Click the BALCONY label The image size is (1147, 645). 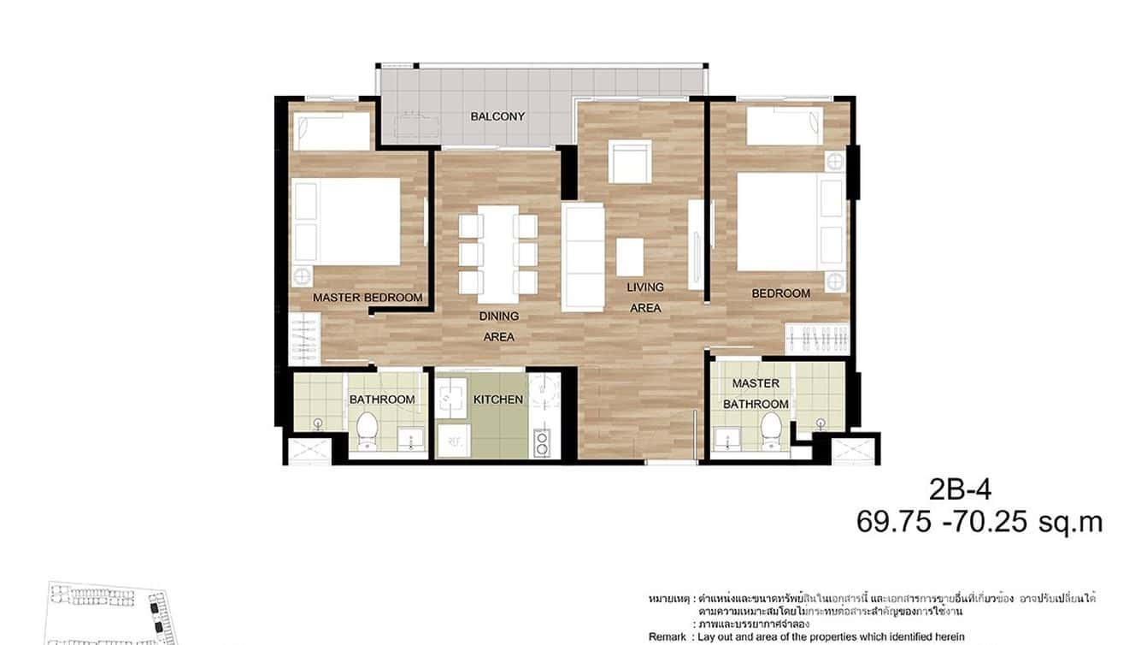point(497,116)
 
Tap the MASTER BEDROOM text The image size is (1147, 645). point(368,298)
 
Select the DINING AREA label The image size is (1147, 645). point(499,326)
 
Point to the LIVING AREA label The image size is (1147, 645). point(645,298)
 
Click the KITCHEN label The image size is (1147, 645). point(498,399)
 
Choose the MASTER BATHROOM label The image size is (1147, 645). point(756,394)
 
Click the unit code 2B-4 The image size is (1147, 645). point(960,490)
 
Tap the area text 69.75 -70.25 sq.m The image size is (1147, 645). point(979,522)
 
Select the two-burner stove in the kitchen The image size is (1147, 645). point(541,442)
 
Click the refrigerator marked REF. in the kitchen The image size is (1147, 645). point(452,441)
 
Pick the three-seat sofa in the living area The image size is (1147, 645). point(584,257)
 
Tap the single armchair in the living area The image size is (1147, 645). point(629,162)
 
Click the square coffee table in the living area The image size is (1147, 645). point(630,256)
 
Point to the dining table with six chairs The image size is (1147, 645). point(498,254)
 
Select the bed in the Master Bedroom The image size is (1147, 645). point(347,221)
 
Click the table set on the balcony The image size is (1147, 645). point(416,127)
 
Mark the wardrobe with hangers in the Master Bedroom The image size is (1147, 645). point(305,338)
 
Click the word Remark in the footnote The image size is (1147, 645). point(668,636)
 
